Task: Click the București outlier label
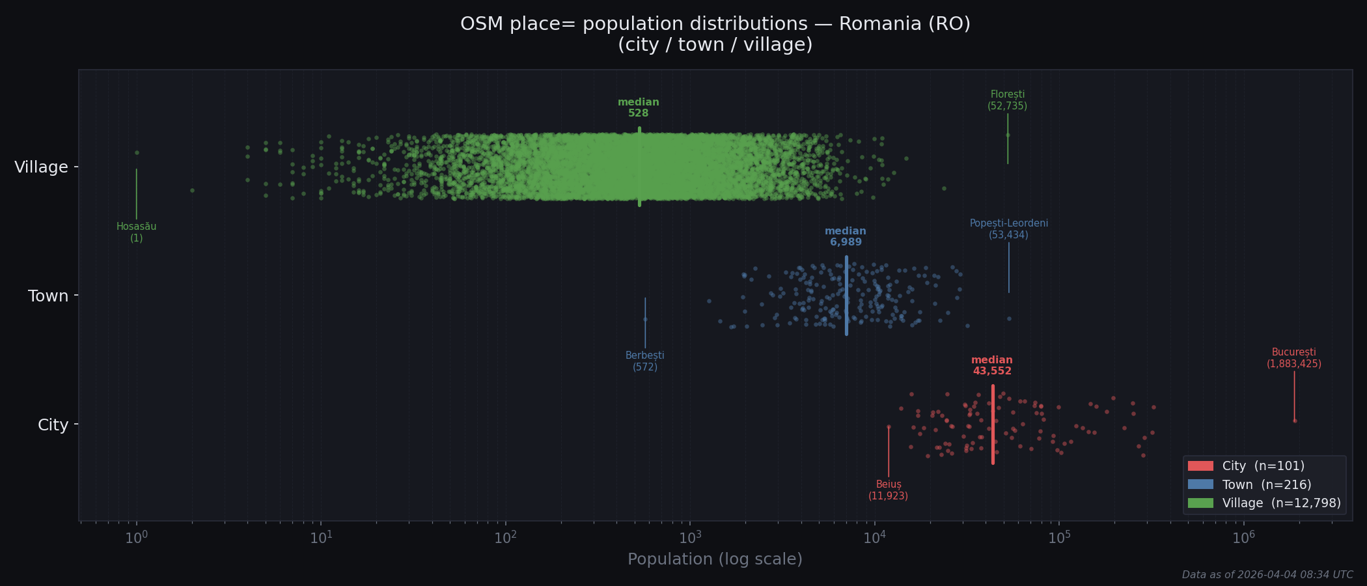(x=1293, y=358)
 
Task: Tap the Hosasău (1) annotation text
(x=136, y=232)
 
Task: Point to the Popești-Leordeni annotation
(x=1008, y=229)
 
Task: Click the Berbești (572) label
(x=644, y=361)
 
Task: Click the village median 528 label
(x=638, y=107)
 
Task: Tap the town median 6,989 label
(x=845, y=236)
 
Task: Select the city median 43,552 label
(x=991, y=366)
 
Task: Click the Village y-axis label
(x=41, y=167)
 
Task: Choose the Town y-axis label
(x=48, y=296)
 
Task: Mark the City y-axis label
(x=53, y=425)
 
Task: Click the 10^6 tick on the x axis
(x=1243, y=538)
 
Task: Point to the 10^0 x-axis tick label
(x=136, y=538)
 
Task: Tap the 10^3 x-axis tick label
(x=690, y=538)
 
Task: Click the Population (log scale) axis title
(x=715, y=559)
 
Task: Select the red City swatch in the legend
(x=1200, y=466)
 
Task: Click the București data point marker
(x=1295, y=421)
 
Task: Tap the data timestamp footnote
(x=1267, y=575)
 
